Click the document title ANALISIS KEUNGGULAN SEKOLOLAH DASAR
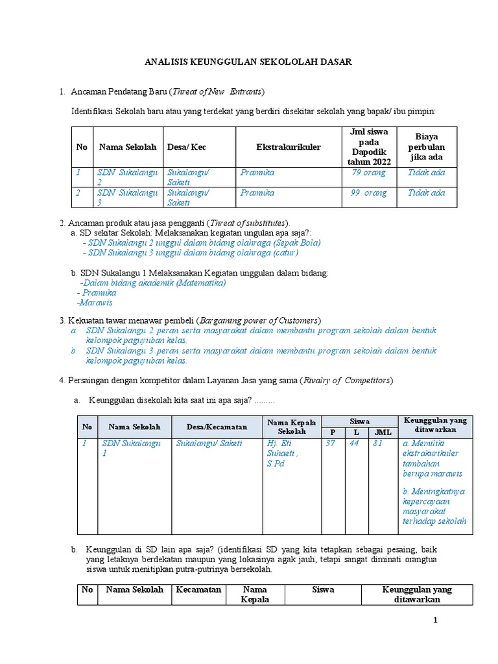pos(248,62)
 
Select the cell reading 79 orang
pos(368,172)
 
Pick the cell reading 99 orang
pos(368,193)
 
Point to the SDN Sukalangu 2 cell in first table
pos(127,178)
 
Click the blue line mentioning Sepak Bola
pos(202,243)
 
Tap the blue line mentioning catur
pos(193,253)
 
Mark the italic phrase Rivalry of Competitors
pos(346,380)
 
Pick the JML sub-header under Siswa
pos(379,433)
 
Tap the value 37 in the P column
pos(330,444)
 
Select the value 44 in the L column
pos(354,444)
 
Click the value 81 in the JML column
pos(377,444)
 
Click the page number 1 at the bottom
pos(436,621)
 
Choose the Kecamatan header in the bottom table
pos(198,590)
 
